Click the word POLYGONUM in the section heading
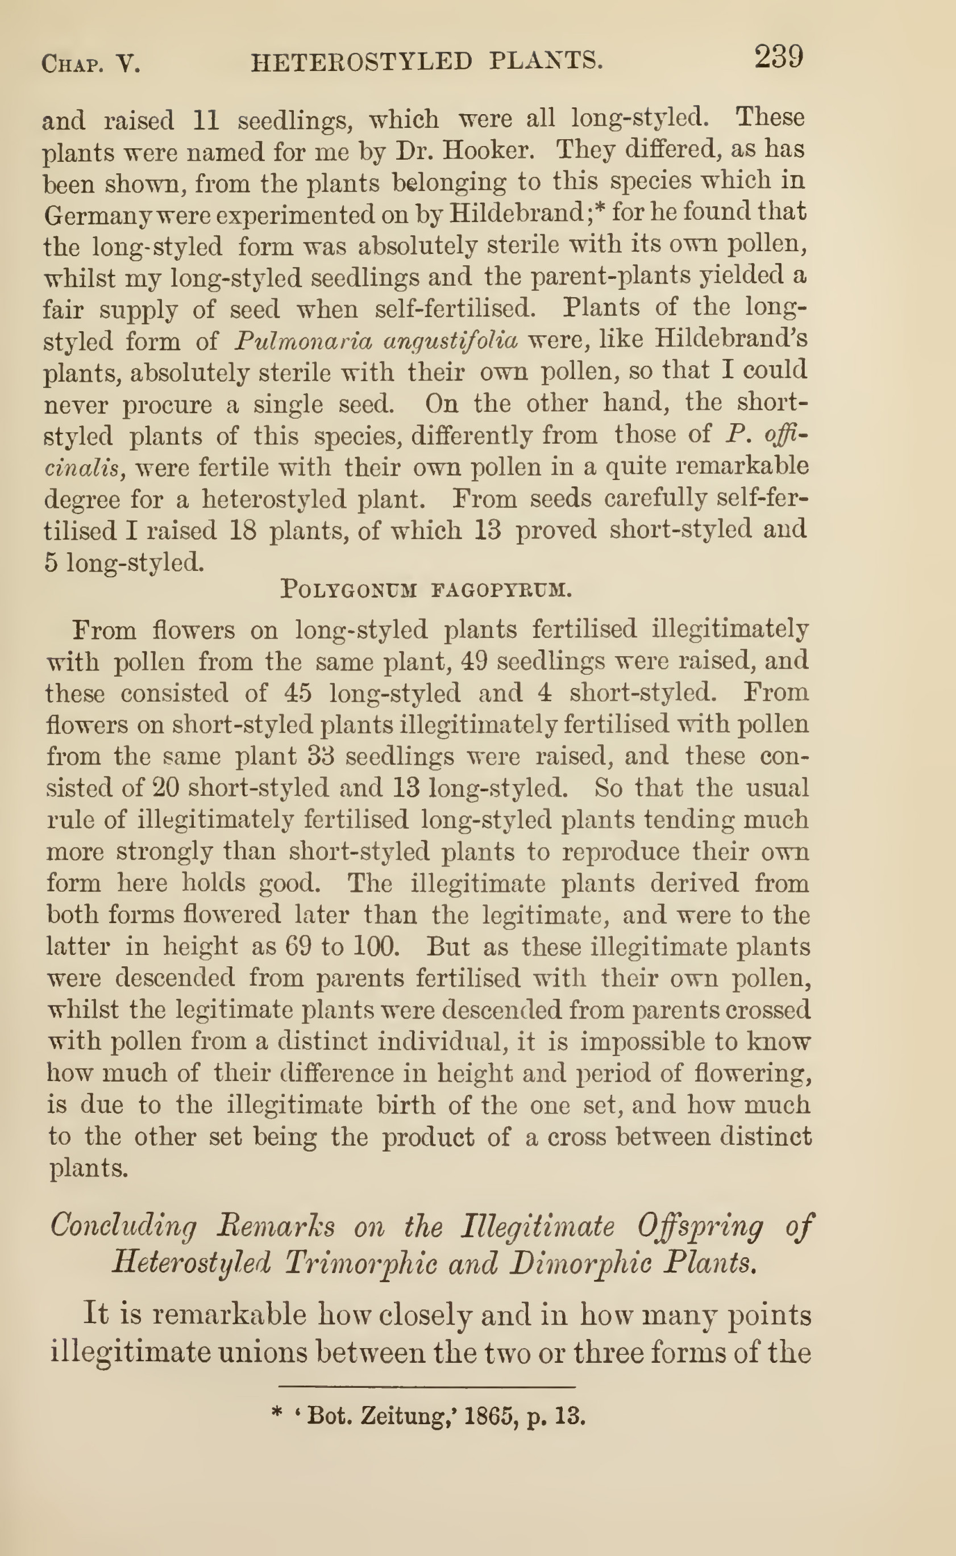[x=348, y=590]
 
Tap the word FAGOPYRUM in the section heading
[x=501, y=590]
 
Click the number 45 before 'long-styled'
[x=298, y=693]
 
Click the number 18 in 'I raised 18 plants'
[x=243, y=530]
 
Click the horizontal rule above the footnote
[x=427, y=1388]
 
